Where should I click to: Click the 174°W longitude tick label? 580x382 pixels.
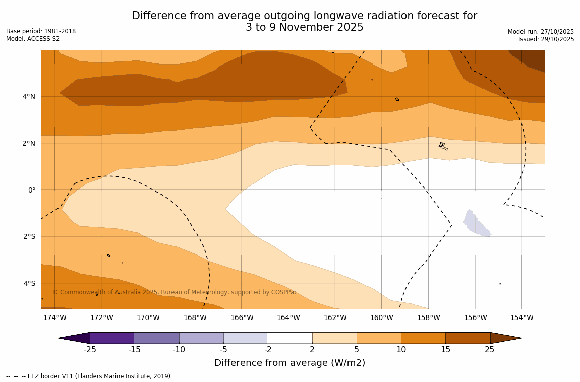54,318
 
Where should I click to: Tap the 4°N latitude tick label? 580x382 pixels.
29,96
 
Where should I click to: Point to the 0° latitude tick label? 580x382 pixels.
32,190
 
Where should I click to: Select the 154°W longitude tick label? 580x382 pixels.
521,318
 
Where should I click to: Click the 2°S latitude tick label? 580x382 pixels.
29,236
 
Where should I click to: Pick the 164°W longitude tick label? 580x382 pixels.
288,318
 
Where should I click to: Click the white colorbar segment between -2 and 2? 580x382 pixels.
290,338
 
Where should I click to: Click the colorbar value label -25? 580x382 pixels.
90,350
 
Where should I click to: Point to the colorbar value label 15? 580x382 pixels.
445,350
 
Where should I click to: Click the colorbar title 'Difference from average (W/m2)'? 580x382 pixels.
289,363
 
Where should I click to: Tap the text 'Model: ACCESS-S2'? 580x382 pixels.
33,39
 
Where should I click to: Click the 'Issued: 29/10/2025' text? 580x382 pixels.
546,39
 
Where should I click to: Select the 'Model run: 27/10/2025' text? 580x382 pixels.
541,32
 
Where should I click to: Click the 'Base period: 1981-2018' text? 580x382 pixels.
41,31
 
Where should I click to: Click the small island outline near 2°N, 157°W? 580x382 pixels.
443,146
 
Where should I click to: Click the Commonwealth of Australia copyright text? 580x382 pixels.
175,292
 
